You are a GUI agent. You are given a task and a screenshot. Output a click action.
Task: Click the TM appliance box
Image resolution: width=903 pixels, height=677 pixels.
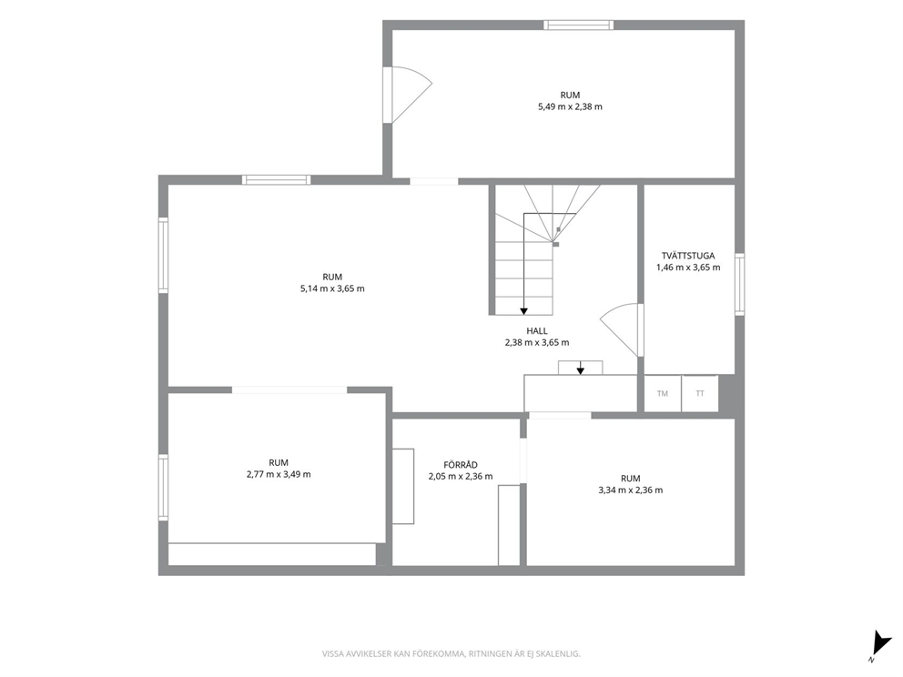[663, 394]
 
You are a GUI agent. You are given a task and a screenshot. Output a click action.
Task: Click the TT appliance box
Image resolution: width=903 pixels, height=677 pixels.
[700, 394]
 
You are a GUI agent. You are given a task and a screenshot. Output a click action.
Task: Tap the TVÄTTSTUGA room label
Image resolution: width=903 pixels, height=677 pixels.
[688, 256]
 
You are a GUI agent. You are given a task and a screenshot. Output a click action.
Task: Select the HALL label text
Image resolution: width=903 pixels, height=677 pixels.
[537, 331]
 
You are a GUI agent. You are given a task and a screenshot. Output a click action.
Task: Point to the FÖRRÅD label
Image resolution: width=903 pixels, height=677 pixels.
[460, 465]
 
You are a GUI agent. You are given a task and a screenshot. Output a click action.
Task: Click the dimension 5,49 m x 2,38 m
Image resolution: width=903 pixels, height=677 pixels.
[570, 106]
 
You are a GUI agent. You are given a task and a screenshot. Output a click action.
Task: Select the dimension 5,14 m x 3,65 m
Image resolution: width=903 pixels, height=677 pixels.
[332, 288]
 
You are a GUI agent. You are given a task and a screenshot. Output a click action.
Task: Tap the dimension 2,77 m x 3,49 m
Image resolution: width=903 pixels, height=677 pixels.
[279, 474]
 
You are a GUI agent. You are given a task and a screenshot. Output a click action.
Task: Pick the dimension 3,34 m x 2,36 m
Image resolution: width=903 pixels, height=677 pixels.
[631, 490]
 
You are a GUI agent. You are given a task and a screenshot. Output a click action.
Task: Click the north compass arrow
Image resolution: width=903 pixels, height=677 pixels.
[880, 642]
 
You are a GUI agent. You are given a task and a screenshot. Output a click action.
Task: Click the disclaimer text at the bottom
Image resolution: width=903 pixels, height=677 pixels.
[451, 654]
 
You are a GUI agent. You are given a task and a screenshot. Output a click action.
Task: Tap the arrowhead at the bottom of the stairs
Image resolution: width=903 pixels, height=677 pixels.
[523, 311]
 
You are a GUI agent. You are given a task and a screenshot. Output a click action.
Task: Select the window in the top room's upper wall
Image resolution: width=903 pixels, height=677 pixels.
[578, 25]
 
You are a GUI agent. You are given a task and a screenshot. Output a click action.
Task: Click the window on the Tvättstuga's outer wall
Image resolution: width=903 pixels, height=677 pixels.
[739, 284]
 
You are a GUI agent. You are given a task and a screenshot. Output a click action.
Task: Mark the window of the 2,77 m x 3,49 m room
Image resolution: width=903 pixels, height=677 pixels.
[164, 487]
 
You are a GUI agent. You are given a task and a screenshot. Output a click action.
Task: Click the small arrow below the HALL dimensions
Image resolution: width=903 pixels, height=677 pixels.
[581, 368]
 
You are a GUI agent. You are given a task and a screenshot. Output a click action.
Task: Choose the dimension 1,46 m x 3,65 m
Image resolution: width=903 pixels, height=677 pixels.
[688, 268]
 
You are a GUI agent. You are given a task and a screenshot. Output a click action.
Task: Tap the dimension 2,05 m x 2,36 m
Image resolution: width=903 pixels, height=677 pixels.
[460, 477]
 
